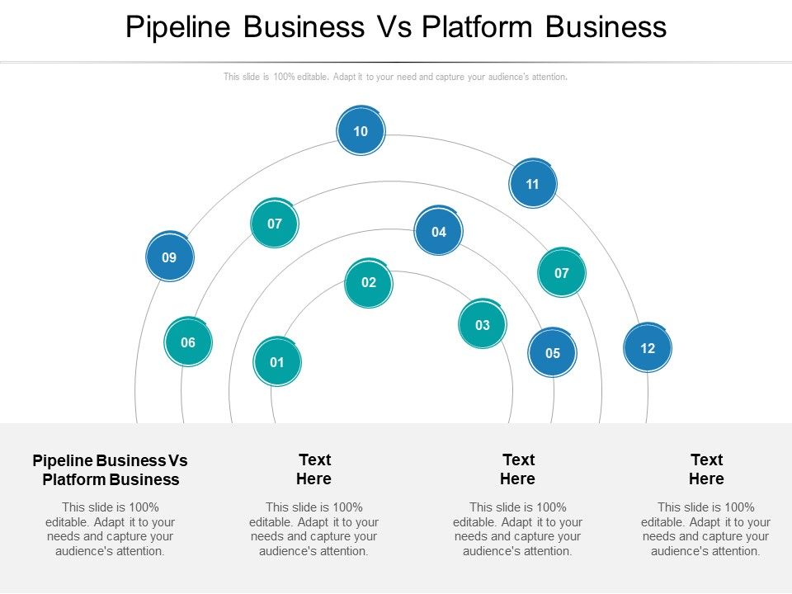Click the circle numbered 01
(277, 362)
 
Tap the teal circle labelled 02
(369, 283)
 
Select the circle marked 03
(483, 325)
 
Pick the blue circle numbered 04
(439, 232)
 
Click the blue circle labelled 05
(553, 353)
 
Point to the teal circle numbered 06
(188, 342)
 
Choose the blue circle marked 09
(169, 257)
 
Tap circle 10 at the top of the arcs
(361, 131)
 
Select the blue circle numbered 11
(532, 184)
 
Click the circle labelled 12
(648, 348)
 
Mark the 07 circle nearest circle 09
(275, 224)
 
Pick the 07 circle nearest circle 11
(562, 273)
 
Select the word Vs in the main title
(393, 27)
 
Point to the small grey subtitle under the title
(396, 77)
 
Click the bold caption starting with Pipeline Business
(110, 469)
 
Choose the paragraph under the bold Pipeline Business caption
(110, 529)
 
